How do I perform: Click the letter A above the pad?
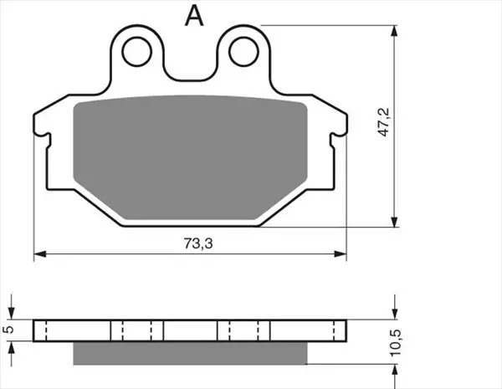(x=194, y=16)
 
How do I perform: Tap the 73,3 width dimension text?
(x=198, y=243)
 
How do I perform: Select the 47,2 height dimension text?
(x=383, y=122)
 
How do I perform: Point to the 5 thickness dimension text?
(x=10, y=329)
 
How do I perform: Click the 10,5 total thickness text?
(x=396, y=343)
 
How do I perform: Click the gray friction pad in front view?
(x=190, y=157)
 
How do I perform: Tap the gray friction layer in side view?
(x=190, y=353)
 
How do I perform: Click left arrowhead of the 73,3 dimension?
(x=40, y=254)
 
